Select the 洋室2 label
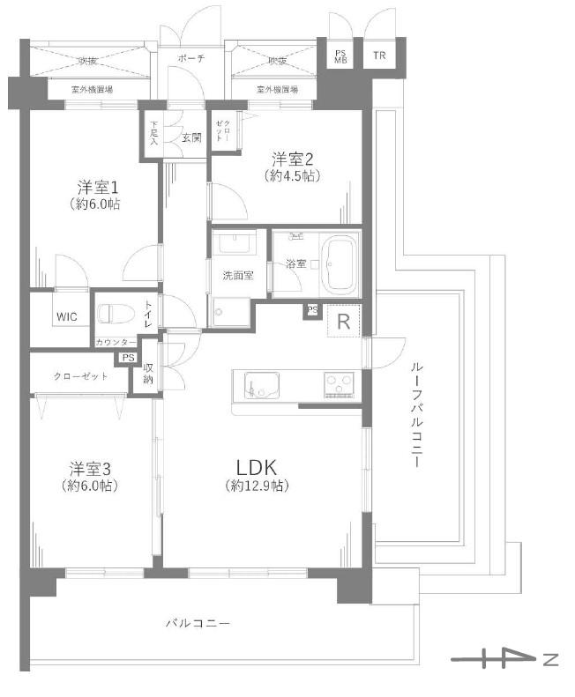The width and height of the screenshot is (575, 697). pyautogui.click(x=293, y=159)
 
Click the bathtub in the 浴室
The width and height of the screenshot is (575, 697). pyautogui.click(x=340, y=263)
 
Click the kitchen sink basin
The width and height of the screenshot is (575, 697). pyautogui.click(x=262, y=385)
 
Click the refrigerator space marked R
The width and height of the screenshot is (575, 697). pyautogui.click(x=343, y=322)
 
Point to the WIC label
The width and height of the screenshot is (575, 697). pyautogui.click(x=66, y=315)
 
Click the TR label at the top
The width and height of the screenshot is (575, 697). pyautogui.click(x=379, y=56)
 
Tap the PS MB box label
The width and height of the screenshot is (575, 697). pyautogui.click(x=340, y=56)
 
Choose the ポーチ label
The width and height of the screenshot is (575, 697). pyautogui.click(x=190, y=58)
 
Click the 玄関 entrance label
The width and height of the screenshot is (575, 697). pyautogui.click(x=191, y=137)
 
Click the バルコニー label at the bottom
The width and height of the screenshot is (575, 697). pyautogui.click(x=198, y=624)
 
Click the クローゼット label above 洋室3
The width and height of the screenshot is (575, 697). pyautogui.click(x=80, y=376)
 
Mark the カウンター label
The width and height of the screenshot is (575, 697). pyautogui.click(x=116, y=342)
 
